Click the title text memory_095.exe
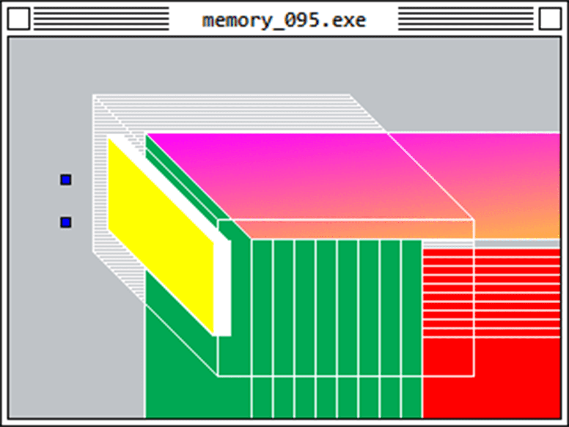[284, 20]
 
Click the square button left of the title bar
[18, 19]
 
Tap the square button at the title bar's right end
[550, 19]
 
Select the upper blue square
[66, 180]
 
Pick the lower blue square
[66, 222]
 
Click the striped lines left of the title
[101, 19]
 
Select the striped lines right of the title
[466, 19]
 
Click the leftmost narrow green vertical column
[262, 307]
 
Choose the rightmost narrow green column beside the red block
[412, 307]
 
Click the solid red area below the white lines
[493, 380]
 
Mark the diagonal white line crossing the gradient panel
[431, 176]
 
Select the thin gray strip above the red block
[516, 243]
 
